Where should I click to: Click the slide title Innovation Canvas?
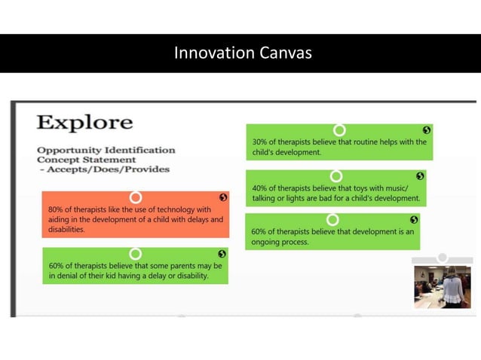(x=242, y=53)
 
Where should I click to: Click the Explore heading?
(x=84, y=123)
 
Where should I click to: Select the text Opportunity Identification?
(x=106, y=150)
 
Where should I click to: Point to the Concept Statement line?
(x=87, y=160)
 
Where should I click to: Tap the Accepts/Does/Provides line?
(x=103, y=169)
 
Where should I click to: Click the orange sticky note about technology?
(x=136, y=218)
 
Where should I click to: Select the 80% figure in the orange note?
(x=55, y=209)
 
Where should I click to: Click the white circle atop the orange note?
(x=136, y=197)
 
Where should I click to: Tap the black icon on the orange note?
(x=222, y=197)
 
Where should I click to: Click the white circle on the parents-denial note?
(x=136, y=254)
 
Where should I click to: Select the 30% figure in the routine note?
(x=261, y=142)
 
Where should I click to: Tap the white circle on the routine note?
(x=339, y=130)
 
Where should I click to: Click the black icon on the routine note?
(x=427, y=130)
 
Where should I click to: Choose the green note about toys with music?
(x=335, y=191)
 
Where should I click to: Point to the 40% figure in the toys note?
(x=261, y=188)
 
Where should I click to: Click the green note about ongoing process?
(x=332, y=235)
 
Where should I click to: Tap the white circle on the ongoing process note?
(x=332, y=219)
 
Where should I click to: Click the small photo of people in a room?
(x=442, y=287)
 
